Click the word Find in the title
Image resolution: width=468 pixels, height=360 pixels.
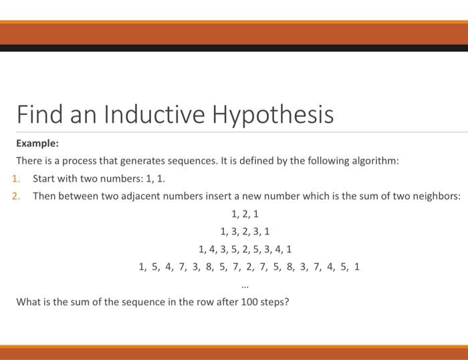pos(38,114)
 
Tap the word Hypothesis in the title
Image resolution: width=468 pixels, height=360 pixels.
pos(273,115)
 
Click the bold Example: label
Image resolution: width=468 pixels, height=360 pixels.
pos(37,143)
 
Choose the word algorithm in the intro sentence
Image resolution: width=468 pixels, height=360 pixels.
pos(374,161)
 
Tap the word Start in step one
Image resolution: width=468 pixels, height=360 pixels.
pos(45,179)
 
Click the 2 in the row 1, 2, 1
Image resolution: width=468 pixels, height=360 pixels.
pos(245,214)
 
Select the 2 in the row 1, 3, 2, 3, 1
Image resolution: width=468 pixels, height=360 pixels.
pos(245,232)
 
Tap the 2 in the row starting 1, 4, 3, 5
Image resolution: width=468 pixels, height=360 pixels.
pos(245,250)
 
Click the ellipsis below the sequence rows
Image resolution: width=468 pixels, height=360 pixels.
pos(245,285)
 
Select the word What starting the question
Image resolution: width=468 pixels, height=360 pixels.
pos(29,302)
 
